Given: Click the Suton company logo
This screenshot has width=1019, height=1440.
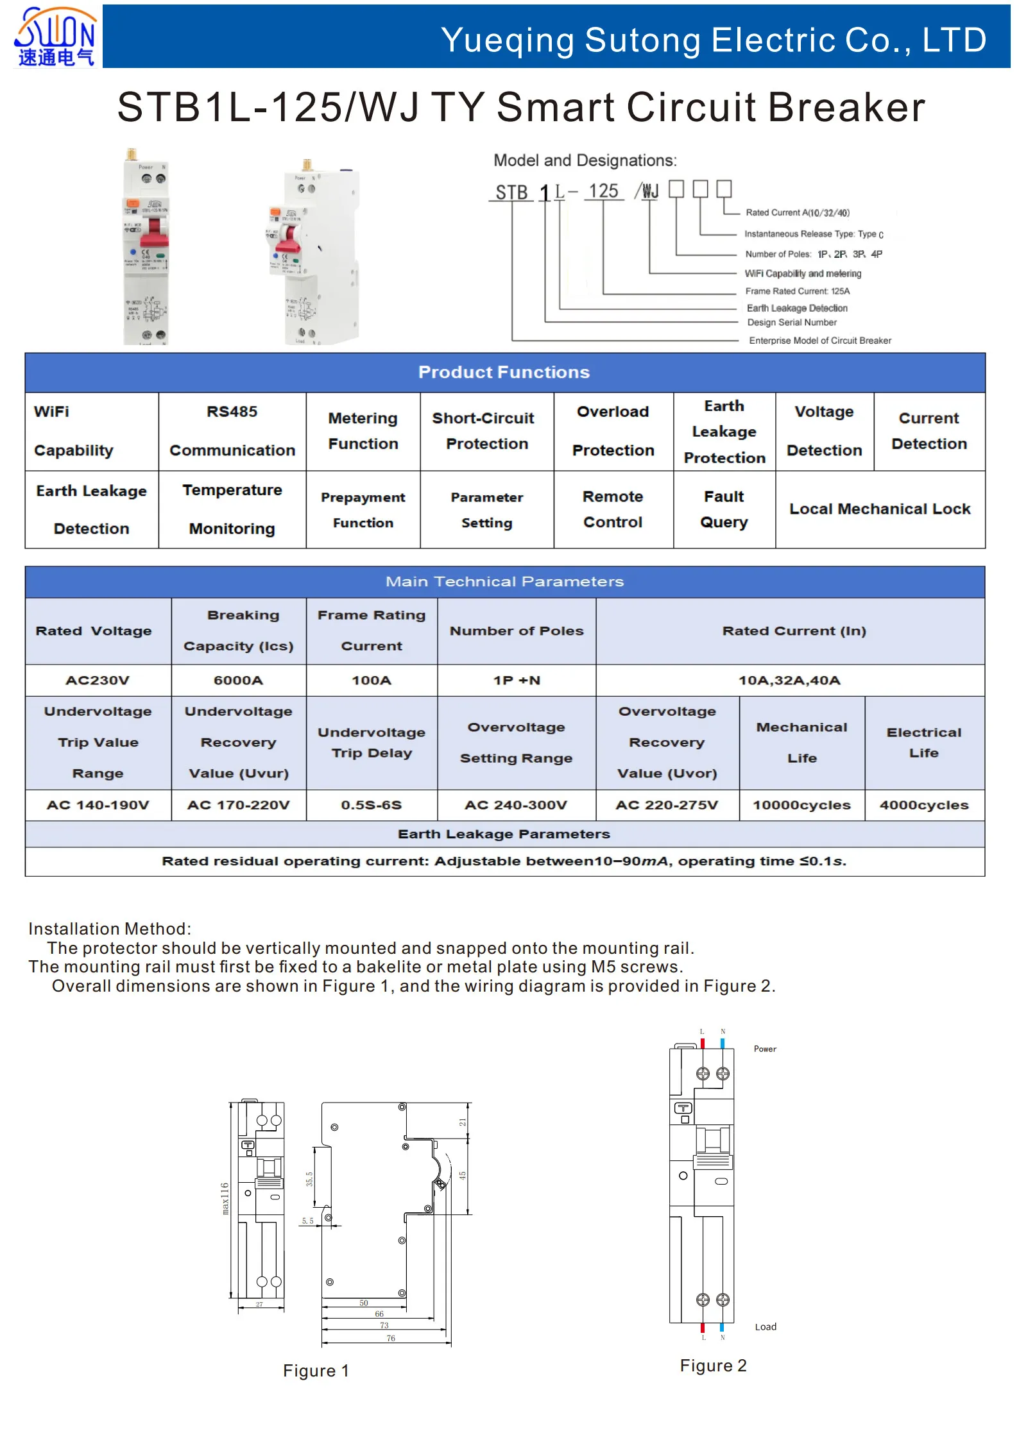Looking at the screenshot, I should coord(56,37).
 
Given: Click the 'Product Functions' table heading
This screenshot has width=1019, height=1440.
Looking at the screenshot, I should coord(504,372).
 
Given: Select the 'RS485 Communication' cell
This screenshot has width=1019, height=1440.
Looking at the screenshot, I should coord(232,431).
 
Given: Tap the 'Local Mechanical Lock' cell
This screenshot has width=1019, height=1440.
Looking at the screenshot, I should coord(880,509).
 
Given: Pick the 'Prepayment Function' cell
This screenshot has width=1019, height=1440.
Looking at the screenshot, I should coord(363,510).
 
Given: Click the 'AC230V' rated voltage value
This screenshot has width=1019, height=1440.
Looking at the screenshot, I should coord(98,681).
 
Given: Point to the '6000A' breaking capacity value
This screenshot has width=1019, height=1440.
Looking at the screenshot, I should coord(238,681).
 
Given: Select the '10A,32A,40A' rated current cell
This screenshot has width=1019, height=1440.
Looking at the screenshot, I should coord(789,681).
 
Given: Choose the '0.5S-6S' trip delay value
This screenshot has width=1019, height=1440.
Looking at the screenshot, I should coord(372,805).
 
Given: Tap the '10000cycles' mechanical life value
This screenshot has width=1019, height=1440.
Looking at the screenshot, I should coord(801,805).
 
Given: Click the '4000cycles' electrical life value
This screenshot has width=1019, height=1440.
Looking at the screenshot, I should coord(924,805).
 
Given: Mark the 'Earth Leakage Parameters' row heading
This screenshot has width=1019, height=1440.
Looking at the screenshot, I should coord(504,834).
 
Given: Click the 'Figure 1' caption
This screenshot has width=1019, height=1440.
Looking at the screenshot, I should coord(316,1371).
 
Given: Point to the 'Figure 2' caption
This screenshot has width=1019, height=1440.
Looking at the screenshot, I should coord(714,1366).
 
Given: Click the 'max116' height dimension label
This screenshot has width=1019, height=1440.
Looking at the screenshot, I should coord(225,1198).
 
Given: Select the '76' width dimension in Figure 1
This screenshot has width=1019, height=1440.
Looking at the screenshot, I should coord(391,1338).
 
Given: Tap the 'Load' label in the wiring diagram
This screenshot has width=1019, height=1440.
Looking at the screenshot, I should coord(766,1326).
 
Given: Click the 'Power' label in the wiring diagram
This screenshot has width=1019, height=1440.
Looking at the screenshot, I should coord(765,1049).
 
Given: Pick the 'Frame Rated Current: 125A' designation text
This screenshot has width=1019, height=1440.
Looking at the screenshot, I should coord(798,291).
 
